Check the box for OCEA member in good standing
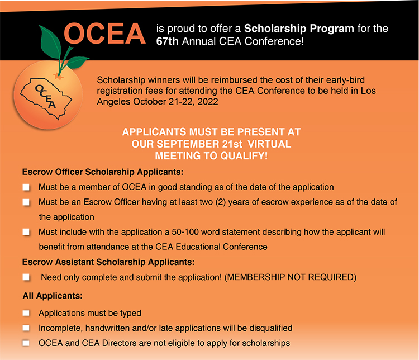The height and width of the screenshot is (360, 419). coord(26,187)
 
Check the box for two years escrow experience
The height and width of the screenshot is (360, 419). coord(26,202)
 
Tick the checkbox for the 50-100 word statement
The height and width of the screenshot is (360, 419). coord(26,232)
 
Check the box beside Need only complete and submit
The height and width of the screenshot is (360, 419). coord(26,277)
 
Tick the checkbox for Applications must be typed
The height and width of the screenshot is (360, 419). coord(26,314)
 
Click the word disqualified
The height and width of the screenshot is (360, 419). coord(265,328)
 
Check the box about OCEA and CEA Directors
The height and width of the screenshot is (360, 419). coord(26,343)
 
